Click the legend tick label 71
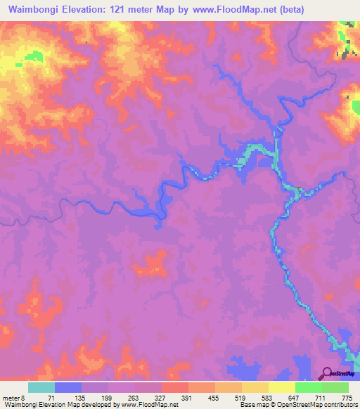(x=51, y=398)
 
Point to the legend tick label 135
(x=79, y=398)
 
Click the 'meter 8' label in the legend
(x=13, y=398)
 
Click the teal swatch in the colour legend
(x=41, y=387)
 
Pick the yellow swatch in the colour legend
(x=281, y=387)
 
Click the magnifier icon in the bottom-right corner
(x=328, y=373)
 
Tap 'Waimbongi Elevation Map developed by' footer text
(x=53, y=405)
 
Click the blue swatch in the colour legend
(x=67, y=387)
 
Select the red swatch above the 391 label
(x=174, y=387)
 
